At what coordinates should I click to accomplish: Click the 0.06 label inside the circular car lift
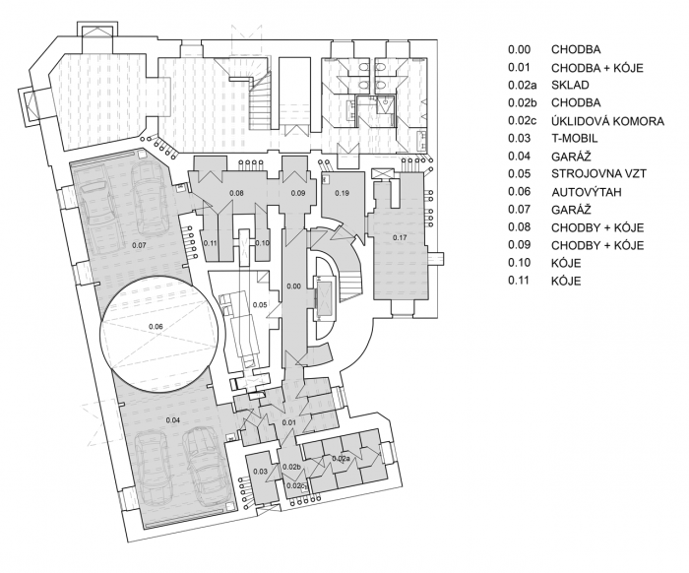tap(156, 326)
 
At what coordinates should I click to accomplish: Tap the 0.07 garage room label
tap(138, 243)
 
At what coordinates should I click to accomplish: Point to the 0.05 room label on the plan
tap(260, 306)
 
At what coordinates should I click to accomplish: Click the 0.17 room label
tap(400, 237)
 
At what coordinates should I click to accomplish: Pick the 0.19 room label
tap(342, 192)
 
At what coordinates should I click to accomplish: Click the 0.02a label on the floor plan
tap(341, 459)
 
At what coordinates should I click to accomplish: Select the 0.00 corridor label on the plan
tap(292, 286)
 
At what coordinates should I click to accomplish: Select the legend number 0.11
tap(519, 282)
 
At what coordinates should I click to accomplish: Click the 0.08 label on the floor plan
tap(236, 194)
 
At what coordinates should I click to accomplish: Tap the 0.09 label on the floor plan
tap(298, 194)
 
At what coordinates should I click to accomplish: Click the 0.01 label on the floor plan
tap(289, 422)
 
